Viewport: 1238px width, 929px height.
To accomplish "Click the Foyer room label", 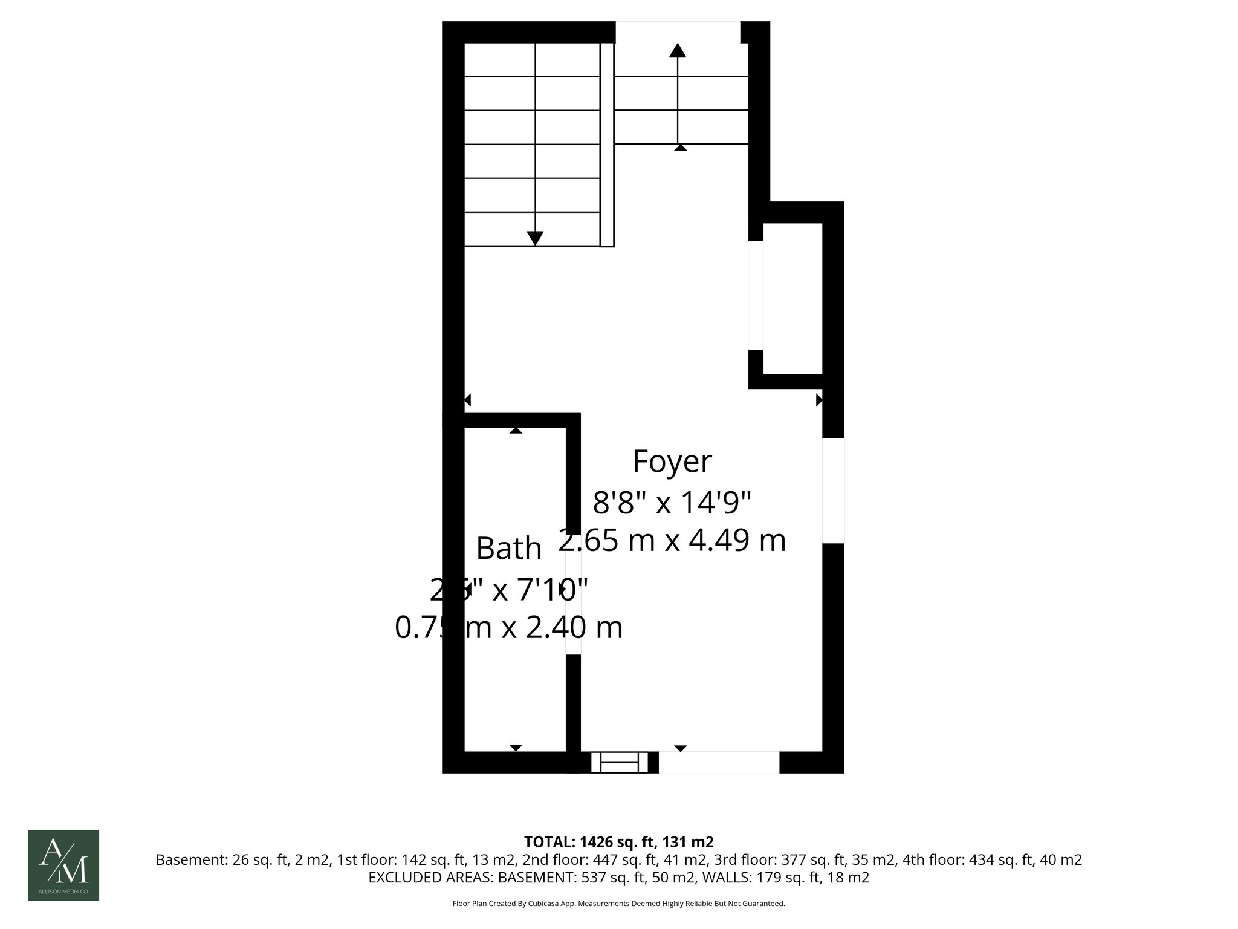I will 672,461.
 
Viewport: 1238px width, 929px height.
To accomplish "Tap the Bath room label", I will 508,549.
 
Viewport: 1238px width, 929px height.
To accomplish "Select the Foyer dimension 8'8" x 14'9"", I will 672,502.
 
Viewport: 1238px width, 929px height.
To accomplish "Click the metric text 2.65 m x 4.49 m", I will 672,540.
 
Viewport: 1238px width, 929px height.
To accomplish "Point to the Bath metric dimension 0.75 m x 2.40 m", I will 508,627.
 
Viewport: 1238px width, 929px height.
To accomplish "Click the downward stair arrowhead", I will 535,238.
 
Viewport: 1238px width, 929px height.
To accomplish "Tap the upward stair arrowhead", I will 677,50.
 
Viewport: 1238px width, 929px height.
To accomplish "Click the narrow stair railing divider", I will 607,145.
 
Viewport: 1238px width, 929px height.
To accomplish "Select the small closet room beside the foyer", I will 792,298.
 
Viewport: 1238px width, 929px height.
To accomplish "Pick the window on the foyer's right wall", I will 833,490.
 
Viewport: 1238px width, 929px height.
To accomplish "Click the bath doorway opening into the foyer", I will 573,605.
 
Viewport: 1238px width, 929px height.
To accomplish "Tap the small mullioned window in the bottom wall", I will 619,762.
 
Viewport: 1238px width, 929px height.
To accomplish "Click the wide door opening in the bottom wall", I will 718,762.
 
